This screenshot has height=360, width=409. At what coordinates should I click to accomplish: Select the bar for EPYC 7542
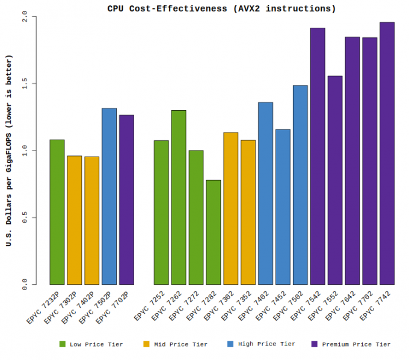pos(318,157)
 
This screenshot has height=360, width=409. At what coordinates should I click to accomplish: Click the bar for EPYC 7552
pos(335,180)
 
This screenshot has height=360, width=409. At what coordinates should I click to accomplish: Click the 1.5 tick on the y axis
pos(24,83)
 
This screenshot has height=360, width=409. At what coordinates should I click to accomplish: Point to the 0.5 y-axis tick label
pos(24,217)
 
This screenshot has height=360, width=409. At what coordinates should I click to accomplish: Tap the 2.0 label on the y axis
pos(24,16)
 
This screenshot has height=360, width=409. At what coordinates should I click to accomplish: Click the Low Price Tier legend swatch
pos(62,344)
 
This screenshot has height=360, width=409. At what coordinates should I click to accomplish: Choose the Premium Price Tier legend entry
pos(351,344)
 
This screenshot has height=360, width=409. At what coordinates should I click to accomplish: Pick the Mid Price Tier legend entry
pos(175,344)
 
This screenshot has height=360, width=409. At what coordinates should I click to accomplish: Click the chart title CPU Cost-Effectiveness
pos(222,8)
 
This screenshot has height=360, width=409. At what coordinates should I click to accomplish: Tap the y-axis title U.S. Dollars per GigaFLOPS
pos(8,151)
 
